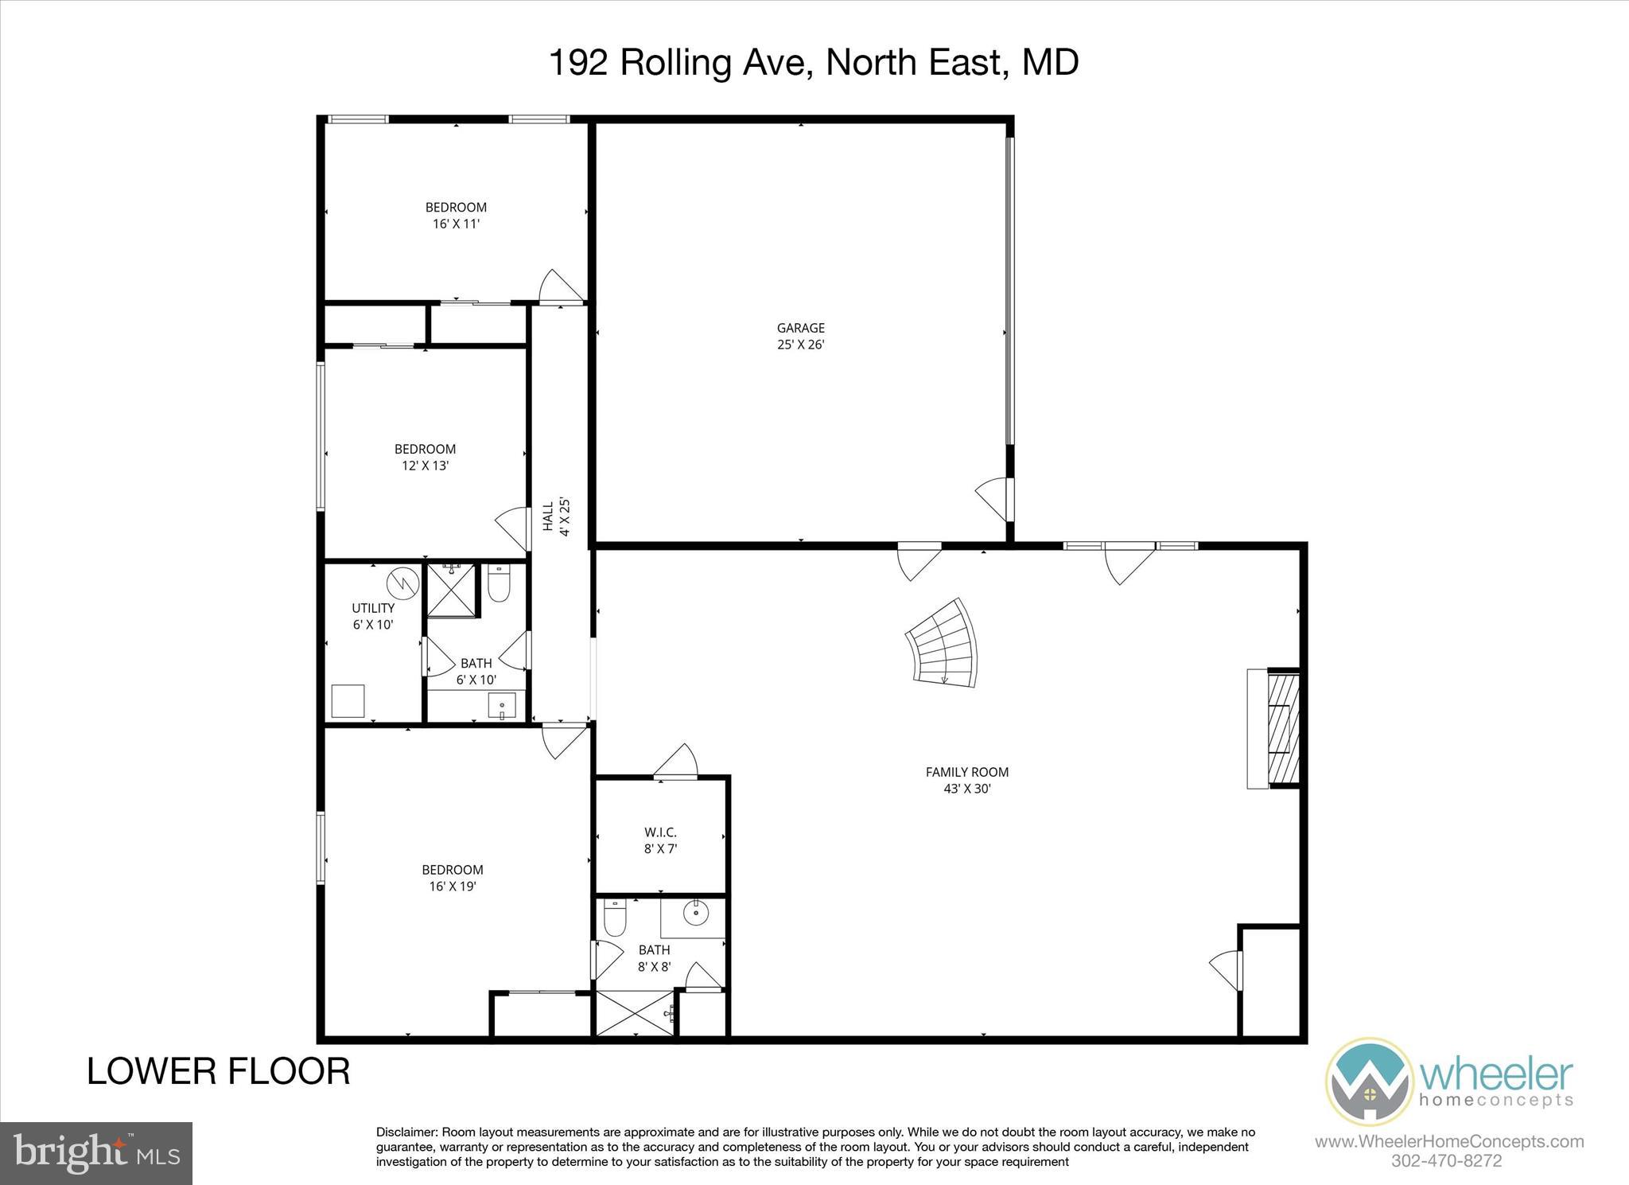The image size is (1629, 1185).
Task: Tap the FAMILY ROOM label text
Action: [x=966, y=772]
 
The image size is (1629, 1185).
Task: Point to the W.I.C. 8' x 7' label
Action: [x=660, y=840]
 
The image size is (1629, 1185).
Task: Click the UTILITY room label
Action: [x=373, y=608]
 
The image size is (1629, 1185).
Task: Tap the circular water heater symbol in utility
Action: [x=402, y=583]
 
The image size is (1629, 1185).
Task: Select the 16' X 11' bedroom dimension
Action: [x=456, y=224]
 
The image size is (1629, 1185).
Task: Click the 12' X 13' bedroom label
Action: [x=426, y=458]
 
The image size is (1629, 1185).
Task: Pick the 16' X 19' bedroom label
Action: [x=452, y=878]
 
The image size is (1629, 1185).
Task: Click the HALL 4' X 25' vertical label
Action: [x=556, y=516]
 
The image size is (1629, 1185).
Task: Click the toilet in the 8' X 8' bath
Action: [x=616, y=919]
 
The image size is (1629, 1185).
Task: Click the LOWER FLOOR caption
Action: [x=218, y=1071]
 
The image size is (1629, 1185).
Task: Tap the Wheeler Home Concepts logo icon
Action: [x=1369, y=1081]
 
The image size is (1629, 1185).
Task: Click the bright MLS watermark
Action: [x=96, y=1153]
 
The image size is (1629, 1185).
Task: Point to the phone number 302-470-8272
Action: [x=1446, y=1160]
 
